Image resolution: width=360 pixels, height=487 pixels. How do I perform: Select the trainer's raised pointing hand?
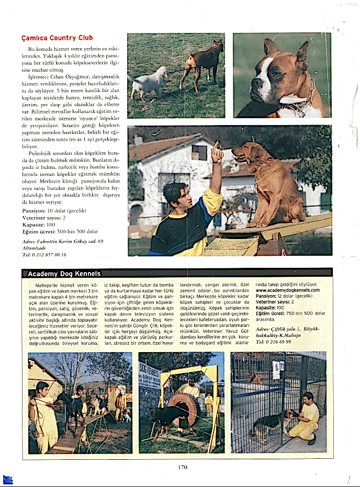[217, 155]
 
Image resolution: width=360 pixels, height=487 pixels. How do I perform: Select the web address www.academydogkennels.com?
[287, 290]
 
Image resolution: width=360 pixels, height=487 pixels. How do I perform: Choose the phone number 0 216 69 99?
[273, 341]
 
